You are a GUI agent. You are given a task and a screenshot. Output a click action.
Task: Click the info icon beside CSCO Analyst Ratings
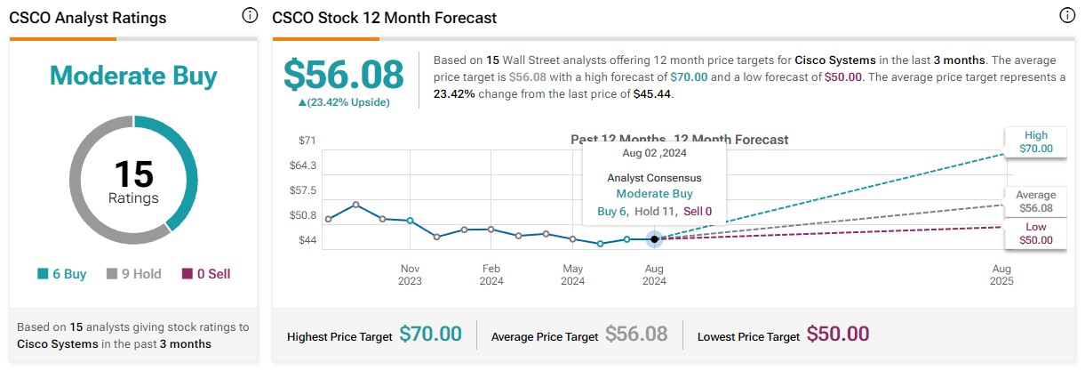pos(250,16)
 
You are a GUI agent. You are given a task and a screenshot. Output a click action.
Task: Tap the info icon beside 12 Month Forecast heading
pos(1067,16)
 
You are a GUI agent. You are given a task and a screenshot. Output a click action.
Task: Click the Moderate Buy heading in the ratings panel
pos(133,76)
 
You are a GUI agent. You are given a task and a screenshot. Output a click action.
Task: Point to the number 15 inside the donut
pos(133,174)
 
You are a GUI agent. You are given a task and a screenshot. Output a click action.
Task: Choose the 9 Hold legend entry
pos(134,274)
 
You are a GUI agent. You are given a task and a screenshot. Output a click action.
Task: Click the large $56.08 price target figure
pos(342,75)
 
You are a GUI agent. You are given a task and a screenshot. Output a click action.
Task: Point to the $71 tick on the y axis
pos(307,141)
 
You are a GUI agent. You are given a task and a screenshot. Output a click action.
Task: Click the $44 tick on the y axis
pos(307,240)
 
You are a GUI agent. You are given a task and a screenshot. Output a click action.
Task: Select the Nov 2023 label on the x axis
pos(410,274)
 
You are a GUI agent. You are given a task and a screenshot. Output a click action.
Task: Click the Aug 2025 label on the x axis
pos(1001,274)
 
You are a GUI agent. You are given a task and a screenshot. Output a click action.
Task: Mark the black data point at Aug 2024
pos(654,238)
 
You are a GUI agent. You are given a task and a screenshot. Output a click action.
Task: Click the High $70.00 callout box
pos(1036,142)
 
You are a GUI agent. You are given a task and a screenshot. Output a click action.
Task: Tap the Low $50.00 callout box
pos(1036,233)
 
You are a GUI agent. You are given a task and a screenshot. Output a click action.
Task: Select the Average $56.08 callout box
pos(1036,201)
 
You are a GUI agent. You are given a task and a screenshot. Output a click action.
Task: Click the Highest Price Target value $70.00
pos(430,334)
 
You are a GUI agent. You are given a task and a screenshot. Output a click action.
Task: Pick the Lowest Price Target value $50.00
pos(838,334)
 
